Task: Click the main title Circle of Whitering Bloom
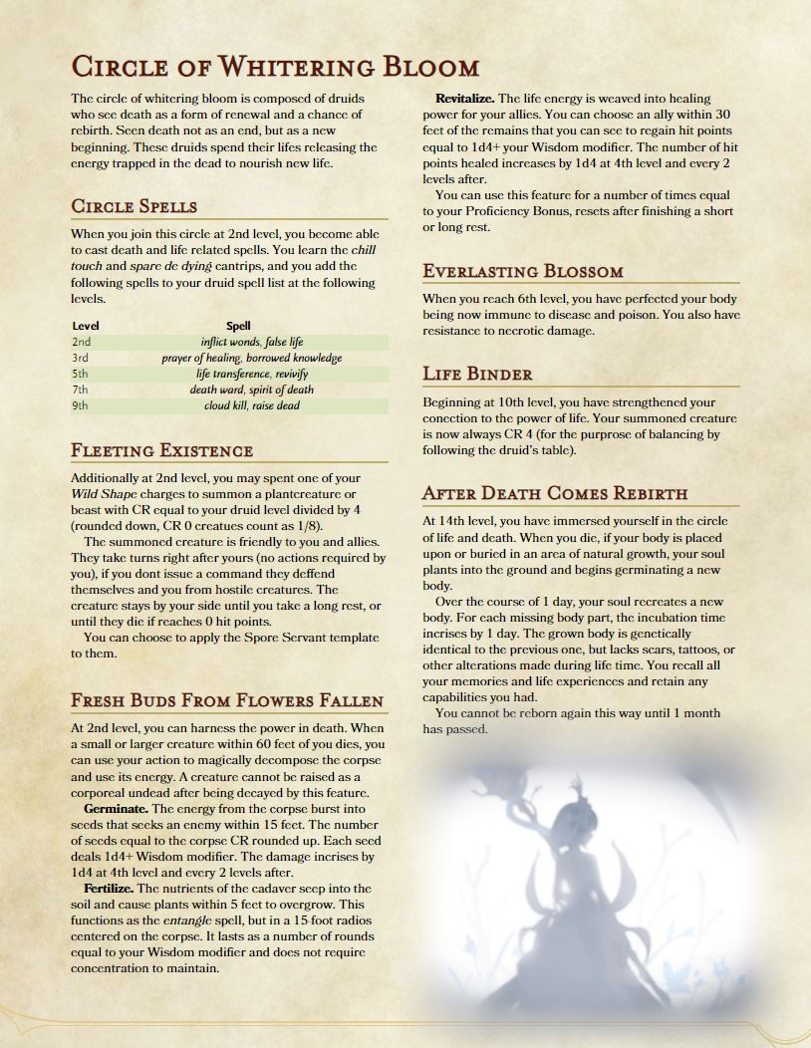275,67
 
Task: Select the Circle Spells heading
134,206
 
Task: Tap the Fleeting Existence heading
161,450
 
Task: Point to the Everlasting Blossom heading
523,271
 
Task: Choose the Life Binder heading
477,375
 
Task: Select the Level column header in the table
86,326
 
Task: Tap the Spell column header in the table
238,326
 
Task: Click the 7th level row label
81,390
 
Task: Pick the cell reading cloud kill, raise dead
251,405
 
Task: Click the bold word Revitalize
464,99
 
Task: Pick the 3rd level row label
81,358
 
